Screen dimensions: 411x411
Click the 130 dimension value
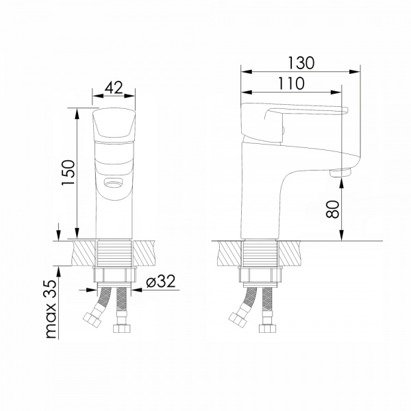point(301,63)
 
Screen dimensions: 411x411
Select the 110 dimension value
point(291,84)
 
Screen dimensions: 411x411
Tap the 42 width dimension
point(114,88)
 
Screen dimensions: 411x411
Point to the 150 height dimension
point(68,173)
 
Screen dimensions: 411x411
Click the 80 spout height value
point(333,209)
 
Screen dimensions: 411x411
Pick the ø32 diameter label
point(161,282)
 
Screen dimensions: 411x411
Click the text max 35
point(51,310)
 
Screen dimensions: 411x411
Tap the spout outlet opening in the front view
point(114,182)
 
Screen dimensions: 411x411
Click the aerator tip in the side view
point(340,173)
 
